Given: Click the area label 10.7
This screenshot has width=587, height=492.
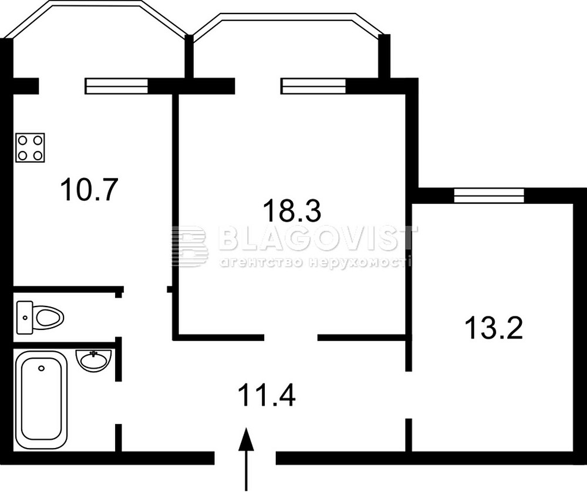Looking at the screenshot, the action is click(x=89, y=190).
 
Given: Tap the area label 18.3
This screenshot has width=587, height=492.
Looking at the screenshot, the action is click(x=292, y=210).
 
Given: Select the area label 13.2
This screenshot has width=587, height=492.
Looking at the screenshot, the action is click(x=494, y=328).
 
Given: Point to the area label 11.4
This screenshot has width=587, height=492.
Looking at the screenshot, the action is click(x=266, y=395).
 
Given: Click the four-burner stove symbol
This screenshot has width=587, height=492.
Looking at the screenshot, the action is click(x=31, y=147).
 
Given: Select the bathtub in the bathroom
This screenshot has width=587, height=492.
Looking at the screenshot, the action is click(x=41, y=399).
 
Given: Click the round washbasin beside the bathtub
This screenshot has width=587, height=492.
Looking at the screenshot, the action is click(x=93, y=360).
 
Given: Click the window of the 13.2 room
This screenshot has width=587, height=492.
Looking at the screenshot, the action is click(x=489, y=196).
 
